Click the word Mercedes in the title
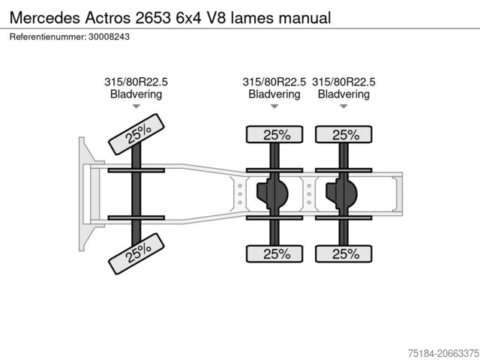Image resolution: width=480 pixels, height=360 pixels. [41, 16]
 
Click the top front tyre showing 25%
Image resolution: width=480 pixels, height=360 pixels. [137, 133]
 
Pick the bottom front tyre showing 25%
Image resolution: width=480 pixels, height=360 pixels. [137, 253]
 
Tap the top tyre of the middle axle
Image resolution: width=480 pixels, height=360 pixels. [275, 135]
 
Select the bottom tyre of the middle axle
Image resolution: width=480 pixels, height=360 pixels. [275, 253]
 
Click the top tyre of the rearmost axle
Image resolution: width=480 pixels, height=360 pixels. [344, 135]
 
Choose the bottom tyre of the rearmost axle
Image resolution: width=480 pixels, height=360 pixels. [344, 253]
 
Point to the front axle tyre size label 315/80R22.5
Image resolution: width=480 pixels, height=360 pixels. [136, 82]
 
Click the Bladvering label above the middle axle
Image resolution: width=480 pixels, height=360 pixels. [274, 94]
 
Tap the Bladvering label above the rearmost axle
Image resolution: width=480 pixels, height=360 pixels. [343, 94]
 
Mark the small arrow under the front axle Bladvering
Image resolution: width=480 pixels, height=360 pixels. [136, 107]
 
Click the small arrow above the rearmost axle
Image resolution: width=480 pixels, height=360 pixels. [343, 107]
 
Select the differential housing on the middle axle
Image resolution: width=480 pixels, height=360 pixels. [271, 193]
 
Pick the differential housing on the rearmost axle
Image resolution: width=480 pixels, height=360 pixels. [341, 193]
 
